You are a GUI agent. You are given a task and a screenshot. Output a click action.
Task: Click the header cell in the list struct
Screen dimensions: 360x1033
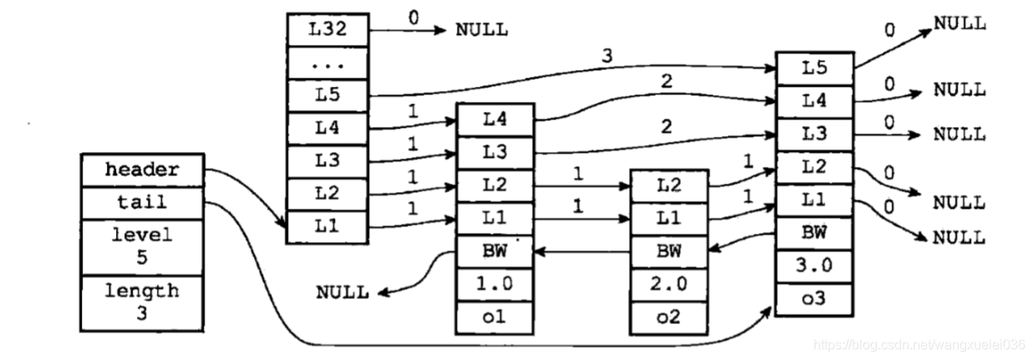coord(142,170)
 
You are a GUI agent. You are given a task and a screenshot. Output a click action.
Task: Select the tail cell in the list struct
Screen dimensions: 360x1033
coord(142,201)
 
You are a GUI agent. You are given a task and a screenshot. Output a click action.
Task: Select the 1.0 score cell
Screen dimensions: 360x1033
coord(493,283)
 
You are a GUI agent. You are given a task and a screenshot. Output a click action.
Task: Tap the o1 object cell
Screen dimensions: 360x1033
coord(493,317)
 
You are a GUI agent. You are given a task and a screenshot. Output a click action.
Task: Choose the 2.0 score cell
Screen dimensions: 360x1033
coord(668,283)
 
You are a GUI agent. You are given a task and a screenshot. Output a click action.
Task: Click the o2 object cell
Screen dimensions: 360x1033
coord(668,317)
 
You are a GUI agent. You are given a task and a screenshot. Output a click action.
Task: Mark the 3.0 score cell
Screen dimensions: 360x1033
coord(814,266)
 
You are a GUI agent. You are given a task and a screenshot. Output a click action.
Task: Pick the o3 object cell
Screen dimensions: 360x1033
coord(814,299)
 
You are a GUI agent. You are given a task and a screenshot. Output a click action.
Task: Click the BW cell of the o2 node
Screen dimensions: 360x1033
coord(668,250)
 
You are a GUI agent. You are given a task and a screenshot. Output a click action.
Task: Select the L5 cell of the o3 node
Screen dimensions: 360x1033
coord(814,67)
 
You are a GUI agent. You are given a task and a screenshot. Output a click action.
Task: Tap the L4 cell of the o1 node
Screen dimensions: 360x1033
coord(493,119)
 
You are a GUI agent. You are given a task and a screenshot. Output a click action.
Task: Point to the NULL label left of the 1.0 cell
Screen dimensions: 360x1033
coord(342,292)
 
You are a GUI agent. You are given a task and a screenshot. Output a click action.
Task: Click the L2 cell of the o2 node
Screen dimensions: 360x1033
coord(668,185)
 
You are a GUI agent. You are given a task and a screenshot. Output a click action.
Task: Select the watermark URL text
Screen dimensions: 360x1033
coord(919,344)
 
